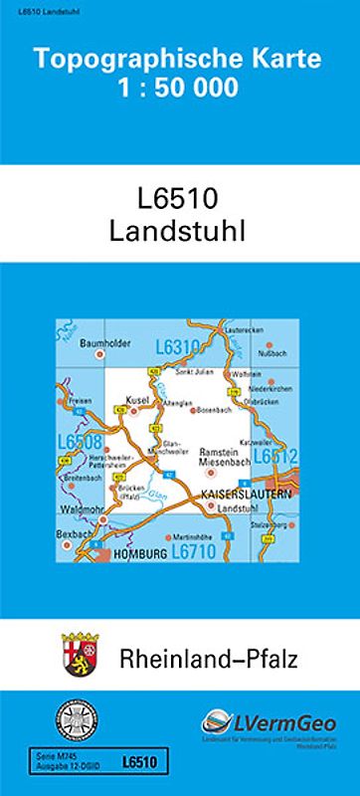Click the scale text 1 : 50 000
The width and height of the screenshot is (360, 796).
(179, 88)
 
